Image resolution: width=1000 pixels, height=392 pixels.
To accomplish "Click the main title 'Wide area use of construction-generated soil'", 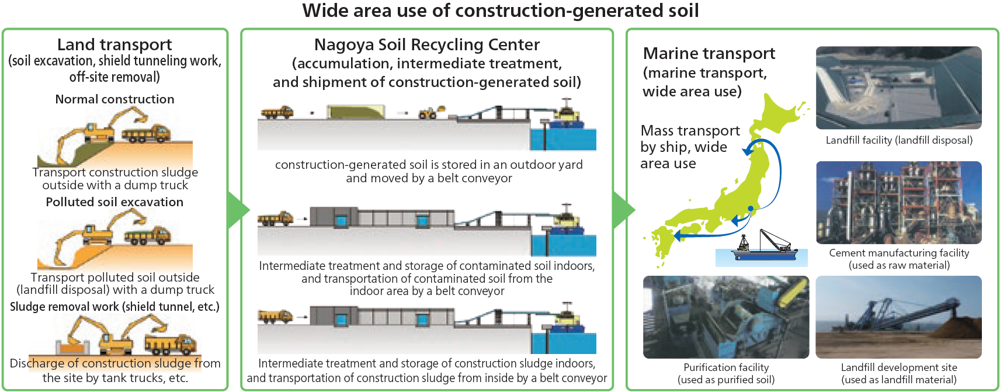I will [500, 11].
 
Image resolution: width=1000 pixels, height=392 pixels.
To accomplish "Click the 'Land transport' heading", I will [114, 44].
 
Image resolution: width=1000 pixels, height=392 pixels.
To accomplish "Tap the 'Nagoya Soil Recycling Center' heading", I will [426, 44].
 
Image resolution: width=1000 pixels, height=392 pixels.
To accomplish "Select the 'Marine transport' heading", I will [709, 54].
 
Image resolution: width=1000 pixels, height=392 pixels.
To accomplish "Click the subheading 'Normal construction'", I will [114, 99].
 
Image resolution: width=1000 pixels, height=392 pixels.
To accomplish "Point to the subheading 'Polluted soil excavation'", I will [114, 202].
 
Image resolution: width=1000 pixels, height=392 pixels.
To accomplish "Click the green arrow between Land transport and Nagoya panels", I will [237, 210].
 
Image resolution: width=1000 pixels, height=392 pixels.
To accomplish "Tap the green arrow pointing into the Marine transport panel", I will [623, 210].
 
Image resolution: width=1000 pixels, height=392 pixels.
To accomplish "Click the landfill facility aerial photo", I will [898, 88].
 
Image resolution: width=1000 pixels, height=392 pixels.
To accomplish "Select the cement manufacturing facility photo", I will [898, 202].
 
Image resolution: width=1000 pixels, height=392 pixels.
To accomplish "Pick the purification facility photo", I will [725, 317].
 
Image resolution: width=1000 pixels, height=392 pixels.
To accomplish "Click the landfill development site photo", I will [898, 317].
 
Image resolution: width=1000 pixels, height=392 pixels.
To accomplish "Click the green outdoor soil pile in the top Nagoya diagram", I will [355, 112].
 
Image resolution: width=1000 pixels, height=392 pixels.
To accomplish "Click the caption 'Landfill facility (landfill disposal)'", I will [898, 140].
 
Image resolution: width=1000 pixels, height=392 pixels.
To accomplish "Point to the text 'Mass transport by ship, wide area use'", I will [689, 147].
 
